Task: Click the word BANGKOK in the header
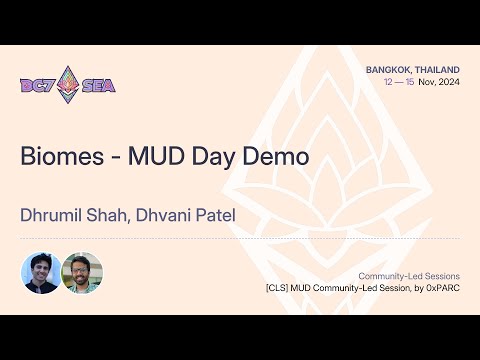[x=390, y=69]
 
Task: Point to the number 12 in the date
[x=389, y=82]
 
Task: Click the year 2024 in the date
[x=447, y=82]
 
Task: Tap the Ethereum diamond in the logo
[x=68, y=84]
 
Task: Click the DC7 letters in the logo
[x=38, y=85]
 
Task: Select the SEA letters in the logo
[x=98, y=85]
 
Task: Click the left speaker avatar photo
[x=40, y=272]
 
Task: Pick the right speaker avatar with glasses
[x=81, y=272]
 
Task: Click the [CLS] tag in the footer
[x=278, y=288]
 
